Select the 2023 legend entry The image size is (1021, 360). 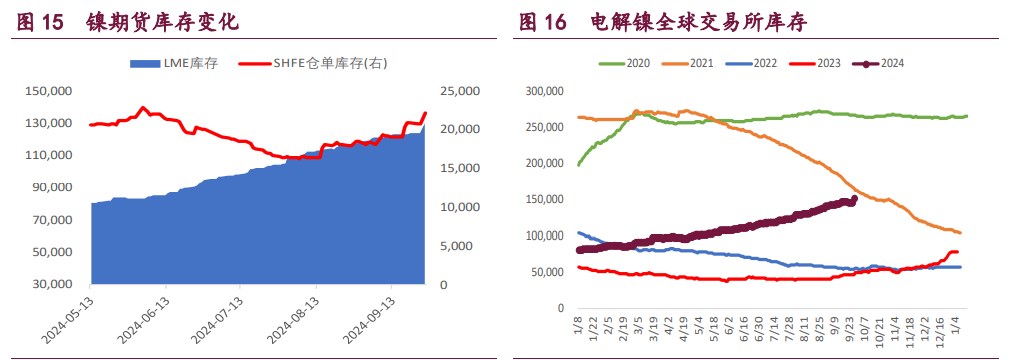tap(829, 64)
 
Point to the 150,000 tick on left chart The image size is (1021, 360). tap(48, 91)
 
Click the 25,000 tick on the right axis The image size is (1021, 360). tap(460, 91)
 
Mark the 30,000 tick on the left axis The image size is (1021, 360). tap(51, 284)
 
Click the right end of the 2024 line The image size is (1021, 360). tap(854, 199)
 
